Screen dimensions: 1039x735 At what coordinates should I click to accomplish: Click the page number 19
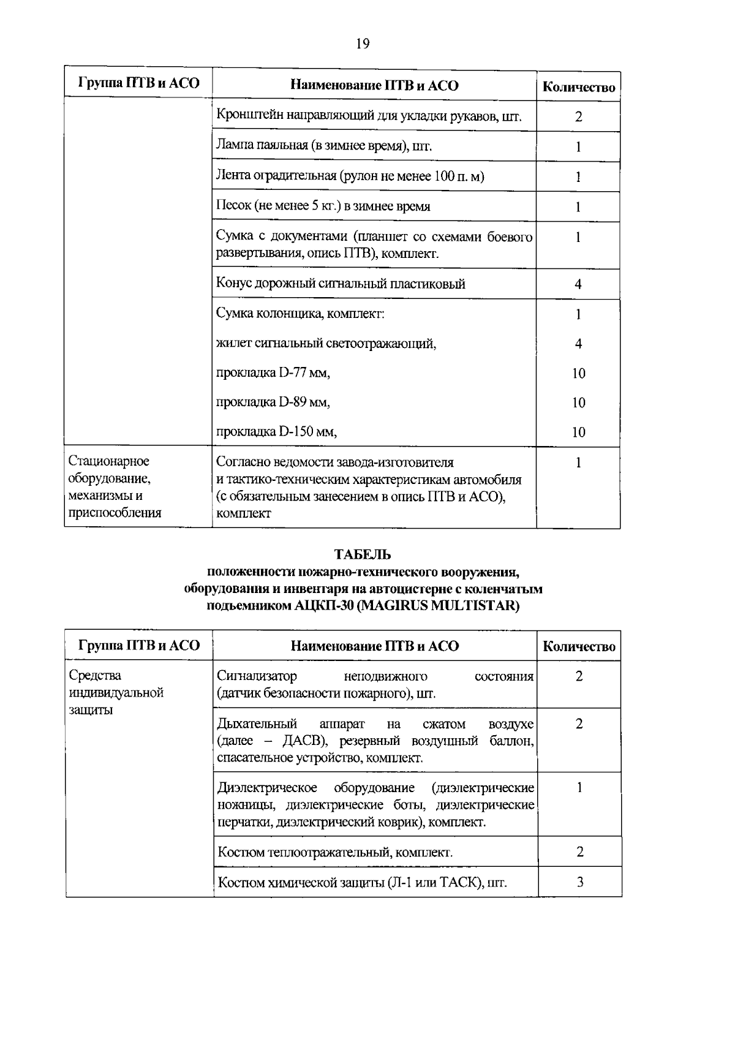[362, 43]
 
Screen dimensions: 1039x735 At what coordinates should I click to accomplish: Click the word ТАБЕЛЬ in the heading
[363, 555]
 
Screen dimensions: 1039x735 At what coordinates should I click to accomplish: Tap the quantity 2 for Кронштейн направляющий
[578, 116]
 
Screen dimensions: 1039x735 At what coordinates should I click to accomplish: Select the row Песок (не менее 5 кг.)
[323, 206]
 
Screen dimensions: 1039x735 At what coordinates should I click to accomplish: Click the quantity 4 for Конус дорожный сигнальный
[578, 284]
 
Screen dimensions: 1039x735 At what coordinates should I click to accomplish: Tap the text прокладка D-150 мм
[277, 432]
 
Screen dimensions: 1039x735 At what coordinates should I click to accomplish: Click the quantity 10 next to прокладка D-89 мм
[578, 403]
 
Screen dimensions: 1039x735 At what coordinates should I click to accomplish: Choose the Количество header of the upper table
[579, 88]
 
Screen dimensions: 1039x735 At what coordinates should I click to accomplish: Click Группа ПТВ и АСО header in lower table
[139, 646]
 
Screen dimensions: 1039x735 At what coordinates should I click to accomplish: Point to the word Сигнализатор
[257, 676]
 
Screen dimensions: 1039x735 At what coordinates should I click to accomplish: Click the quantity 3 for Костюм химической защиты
[580, 882]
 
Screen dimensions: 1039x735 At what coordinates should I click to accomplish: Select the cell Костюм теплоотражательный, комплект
[335, 852]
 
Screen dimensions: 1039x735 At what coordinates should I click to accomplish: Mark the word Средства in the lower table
[95, 676]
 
